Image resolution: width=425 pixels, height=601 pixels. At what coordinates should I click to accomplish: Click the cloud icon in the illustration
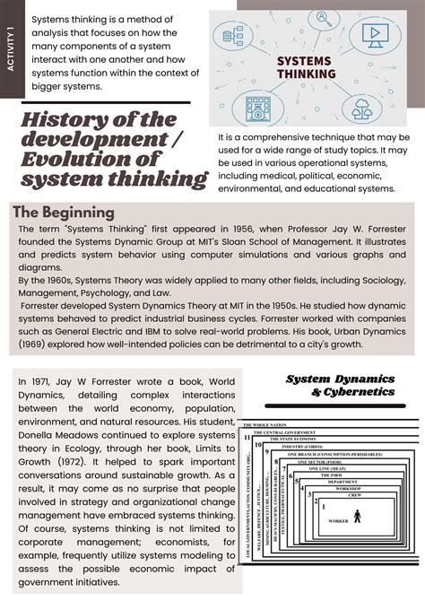pyautogui.click(x=362, y=109)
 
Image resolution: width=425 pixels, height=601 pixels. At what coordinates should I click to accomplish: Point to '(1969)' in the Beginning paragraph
pyautogui.click(x=35, y=344)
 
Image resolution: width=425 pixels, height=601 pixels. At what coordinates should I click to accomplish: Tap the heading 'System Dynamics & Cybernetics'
pyautogui.click(x=341, y=386)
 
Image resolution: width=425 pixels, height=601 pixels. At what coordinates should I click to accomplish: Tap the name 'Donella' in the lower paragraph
pyautogui.click(x=39, y=440)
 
